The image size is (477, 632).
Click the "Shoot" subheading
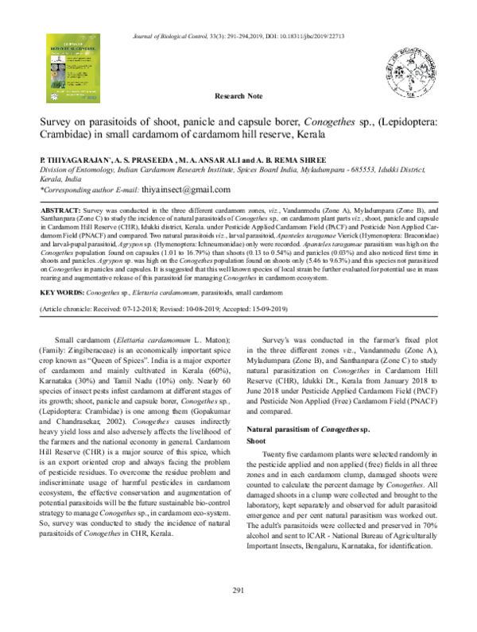click(x=258, y=439)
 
